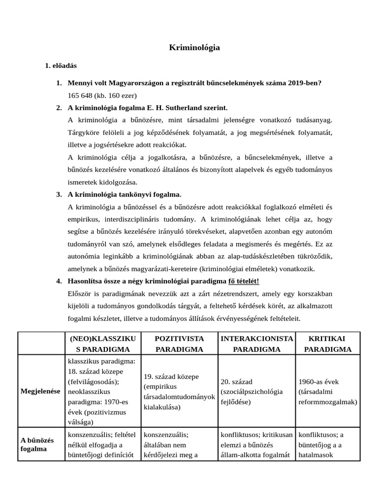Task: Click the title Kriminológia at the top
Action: click(x=194, y=48)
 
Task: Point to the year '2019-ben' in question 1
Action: click(x=307, y=83)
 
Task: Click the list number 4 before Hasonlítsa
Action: click(x=59, y=281)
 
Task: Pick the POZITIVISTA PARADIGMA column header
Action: click(x=179, y=344)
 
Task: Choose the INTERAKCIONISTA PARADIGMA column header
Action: click(x=256, y=344)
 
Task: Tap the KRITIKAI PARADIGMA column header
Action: click(x=327, y=344)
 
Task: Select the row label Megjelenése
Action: click(x=40, y=391)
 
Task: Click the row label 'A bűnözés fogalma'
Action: click(x=37, y=444)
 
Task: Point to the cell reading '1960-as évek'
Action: click(x=318, y=382)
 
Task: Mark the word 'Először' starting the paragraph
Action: click(x=79, y=294)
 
